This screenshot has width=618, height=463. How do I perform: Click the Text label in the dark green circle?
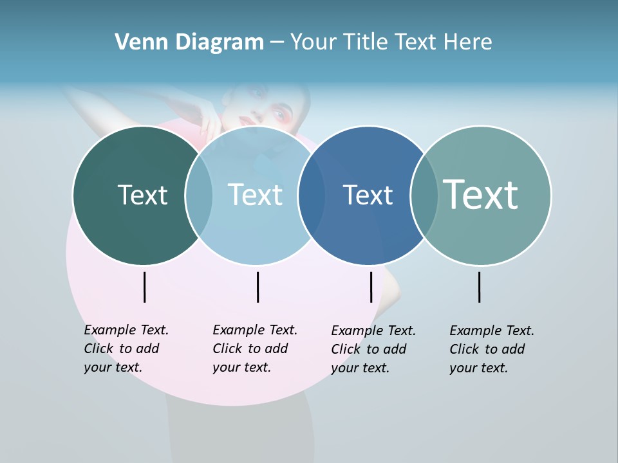click(142, 195)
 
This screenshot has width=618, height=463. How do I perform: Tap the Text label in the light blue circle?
click(255, 195)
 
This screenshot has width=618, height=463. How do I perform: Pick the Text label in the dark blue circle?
click(368, 195)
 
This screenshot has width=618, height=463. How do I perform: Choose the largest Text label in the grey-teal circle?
click(481, 195)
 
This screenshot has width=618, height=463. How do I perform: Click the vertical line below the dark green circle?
click(145, 287)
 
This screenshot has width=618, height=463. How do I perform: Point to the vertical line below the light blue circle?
click(257, 287)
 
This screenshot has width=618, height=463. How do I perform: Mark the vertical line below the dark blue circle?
click(371, 287)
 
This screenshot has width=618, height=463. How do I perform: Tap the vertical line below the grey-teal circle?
click(480, 287)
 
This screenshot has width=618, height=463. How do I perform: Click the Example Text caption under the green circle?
click(126, 349)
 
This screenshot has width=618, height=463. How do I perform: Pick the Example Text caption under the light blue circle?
click(255, 349)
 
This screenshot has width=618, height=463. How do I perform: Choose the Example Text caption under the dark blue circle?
click(373, 349)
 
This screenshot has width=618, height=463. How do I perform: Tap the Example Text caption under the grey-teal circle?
click(492, 349)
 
